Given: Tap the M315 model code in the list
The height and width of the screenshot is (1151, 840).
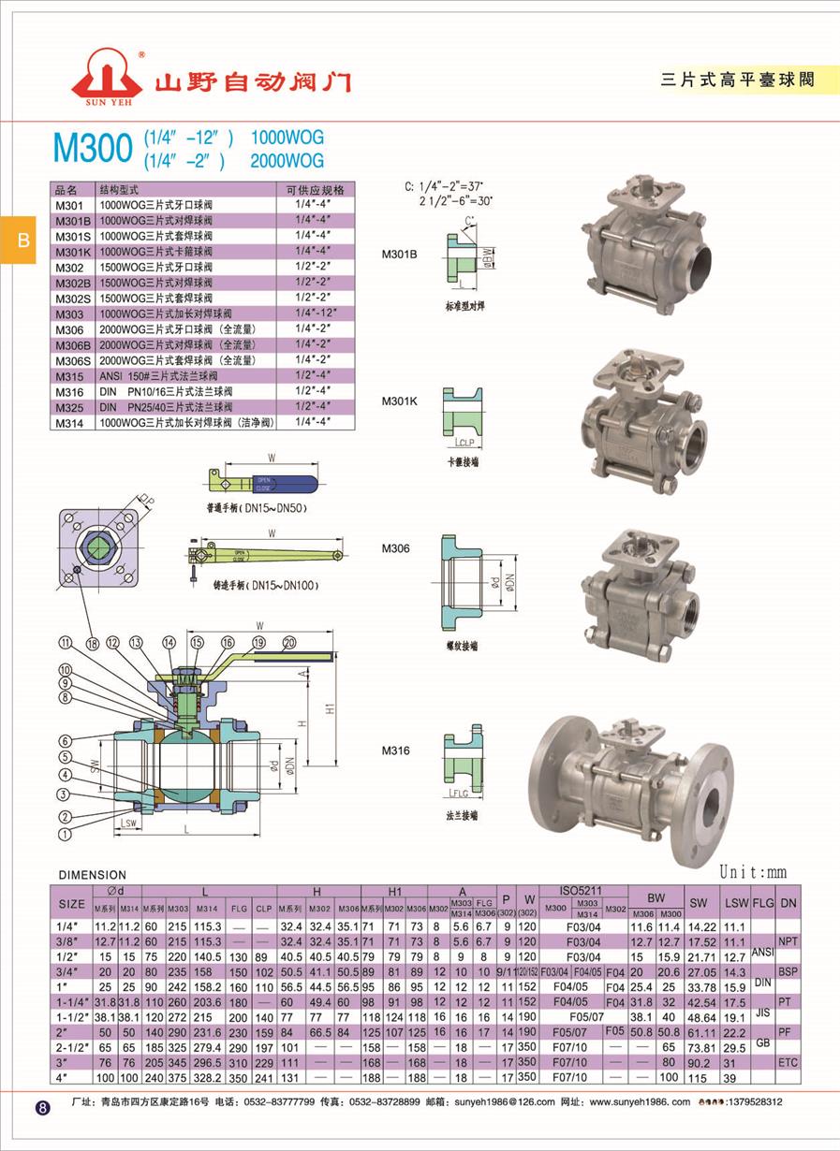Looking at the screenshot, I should pos(69,376).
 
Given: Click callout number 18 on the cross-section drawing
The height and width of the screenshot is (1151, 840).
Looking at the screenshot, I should pos(92,644).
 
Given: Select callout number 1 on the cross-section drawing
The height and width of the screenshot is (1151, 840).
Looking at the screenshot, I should pos(65,833).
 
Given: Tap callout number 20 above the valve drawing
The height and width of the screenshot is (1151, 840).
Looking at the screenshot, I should pos(288,642).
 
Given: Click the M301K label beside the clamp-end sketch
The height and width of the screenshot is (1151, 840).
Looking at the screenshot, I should pos(399,401).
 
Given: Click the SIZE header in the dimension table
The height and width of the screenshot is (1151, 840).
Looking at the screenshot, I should pos(71,904).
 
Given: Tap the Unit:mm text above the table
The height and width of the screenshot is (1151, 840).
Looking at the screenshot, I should pos(754,873).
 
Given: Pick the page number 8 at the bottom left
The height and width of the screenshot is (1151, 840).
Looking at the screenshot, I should pos(42,1108).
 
